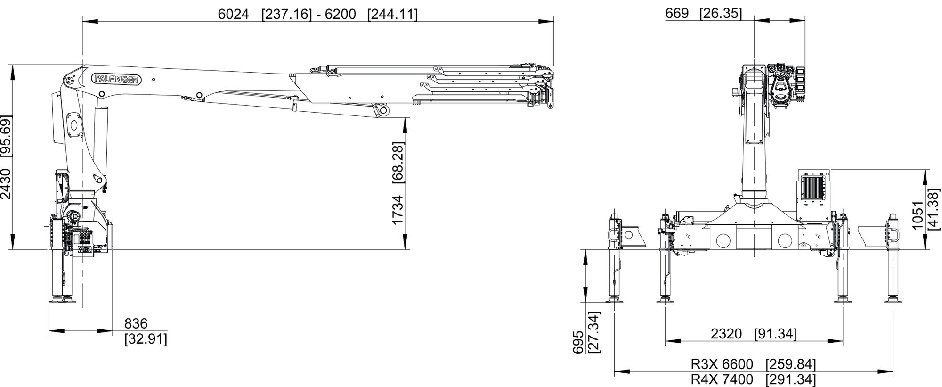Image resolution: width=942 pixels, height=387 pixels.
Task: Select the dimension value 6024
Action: [233, 14]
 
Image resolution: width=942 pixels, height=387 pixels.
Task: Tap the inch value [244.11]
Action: [392, 14]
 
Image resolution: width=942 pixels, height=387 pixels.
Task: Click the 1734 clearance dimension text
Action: [398, 210]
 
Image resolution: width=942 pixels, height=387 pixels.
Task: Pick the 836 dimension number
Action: [136, 324]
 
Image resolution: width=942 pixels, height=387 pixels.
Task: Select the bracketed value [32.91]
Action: [146, 339]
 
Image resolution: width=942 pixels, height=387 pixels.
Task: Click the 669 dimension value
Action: [677, 14]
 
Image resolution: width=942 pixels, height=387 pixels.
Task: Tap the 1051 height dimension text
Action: [918, 215]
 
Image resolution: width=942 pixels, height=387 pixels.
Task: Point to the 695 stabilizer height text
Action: [578, 341]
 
